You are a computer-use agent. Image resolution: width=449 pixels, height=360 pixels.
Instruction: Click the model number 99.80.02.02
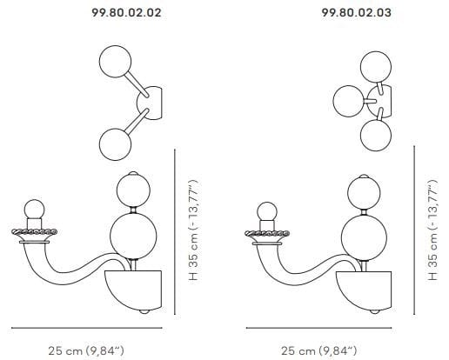point(126,12)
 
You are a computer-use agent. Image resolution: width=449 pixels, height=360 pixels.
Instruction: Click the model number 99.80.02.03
point(357,12)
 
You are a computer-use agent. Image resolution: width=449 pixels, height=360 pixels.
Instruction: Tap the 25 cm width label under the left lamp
point(86,350)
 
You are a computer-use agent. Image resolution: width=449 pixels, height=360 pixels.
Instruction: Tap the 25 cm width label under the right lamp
point(318,350)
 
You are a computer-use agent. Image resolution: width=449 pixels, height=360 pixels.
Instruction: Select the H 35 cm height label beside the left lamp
point(193,230)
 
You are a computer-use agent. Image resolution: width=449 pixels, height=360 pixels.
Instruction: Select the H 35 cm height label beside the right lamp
point(432,230)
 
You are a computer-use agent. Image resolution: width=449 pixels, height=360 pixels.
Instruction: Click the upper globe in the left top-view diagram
point(115,62)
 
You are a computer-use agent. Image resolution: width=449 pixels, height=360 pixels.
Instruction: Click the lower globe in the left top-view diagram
point(115,144)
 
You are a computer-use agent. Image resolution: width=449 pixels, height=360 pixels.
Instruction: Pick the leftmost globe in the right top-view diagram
point(349,101)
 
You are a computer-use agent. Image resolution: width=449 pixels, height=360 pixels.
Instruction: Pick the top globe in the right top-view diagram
point(376,67)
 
